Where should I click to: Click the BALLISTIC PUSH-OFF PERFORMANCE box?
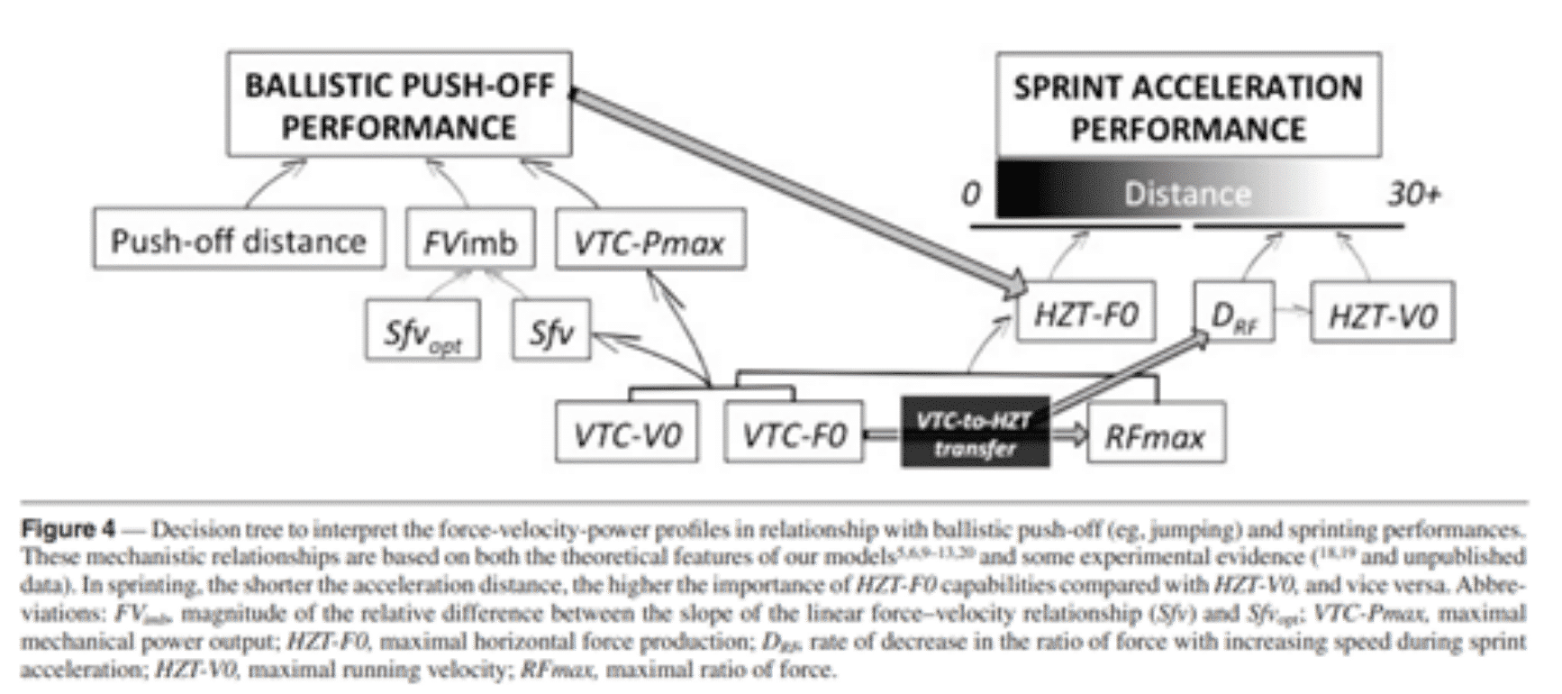[399, 105]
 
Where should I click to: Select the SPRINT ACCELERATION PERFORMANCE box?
[1187, 106]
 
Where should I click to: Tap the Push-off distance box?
[239, 240]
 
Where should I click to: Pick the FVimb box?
[470, 240]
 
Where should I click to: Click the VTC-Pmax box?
[649, 241]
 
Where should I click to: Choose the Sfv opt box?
[422, 333]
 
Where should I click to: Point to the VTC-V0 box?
[628, 435]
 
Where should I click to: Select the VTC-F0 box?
[794, 435]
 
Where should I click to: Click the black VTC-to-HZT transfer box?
[976, 433]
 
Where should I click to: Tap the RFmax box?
[1156, 435]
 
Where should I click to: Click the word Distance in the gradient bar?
[1186, 194]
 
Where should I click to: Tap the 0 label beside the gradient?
[970, 194]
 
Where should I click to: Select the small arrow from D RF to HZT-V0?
[1293, 311]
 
